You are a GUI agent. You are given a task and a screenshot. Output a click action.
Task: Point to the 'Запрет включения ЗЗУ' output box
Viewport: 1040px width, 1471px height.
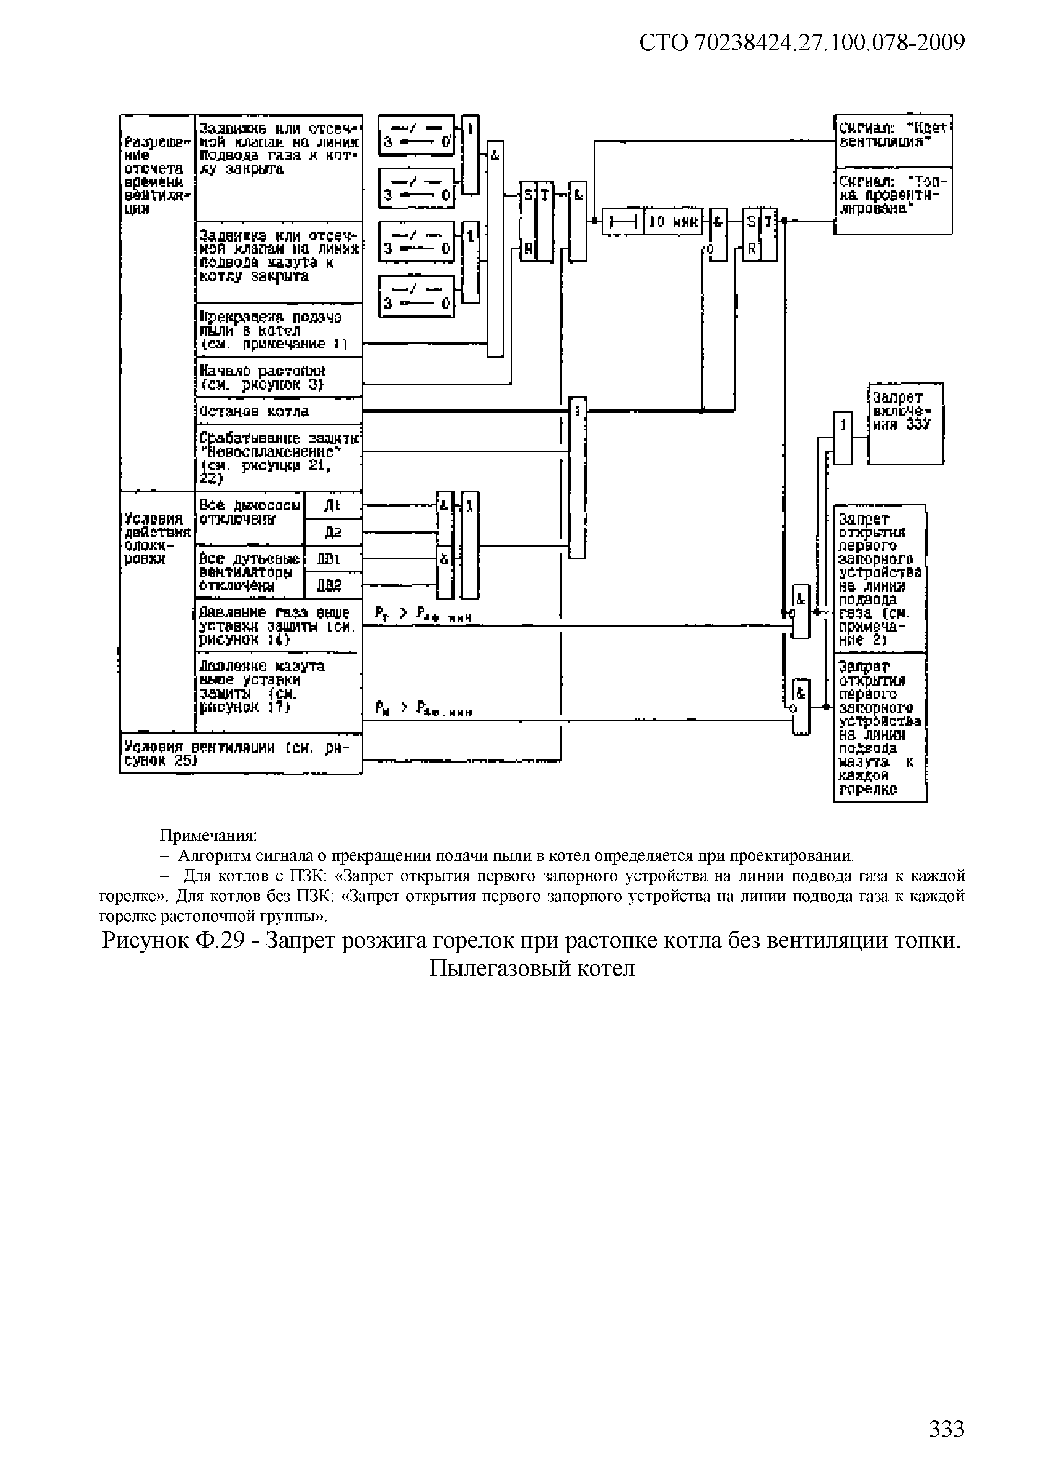point(905,423)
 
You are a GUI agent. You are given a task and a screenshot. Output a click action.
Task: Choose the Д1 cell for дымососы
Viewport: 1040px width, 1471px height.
point(333,505)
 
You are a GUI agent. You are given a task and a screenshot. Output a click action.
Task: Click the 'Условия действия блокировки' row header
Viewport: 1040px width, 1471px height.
point(157,538)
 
